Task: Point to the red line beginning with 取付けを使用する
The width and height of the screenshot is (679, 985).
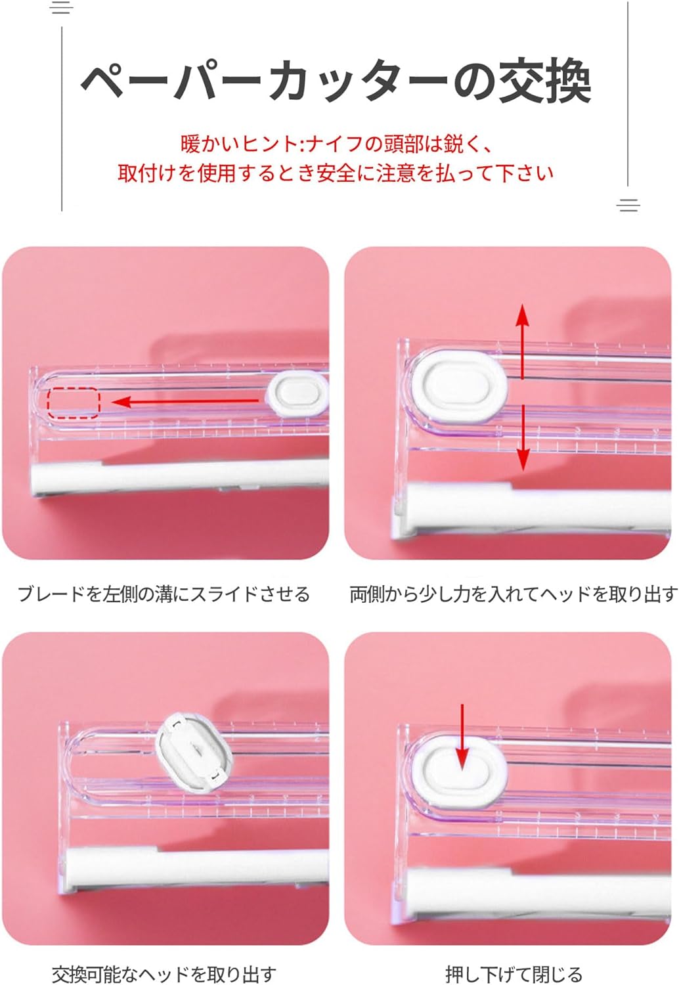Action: point(335,173)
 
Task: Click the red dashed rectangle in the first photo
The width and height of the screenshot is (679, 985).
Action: point(74,403)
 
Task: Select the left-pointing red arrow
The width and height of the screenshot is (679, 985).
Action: point(185,401)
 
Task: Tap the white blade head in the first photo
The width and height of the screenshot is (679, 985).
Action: point(297,393)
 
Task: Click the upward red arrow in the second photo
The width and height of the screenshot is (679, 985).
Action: point(522,341)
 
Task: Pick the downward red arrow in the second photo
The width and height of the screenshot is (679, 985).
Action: point(523,438)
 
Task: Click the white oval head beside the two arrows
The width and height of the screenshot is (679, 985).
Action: point(458,384)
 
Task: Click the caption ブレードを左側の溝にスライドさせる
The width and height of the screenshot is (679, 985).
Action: point(164,594)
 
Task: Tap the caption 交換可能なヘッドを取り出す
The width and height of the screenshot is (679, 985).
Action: point(164,974)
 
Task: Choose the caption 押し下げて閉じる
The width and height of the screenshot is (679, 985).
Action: point(514,974)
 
